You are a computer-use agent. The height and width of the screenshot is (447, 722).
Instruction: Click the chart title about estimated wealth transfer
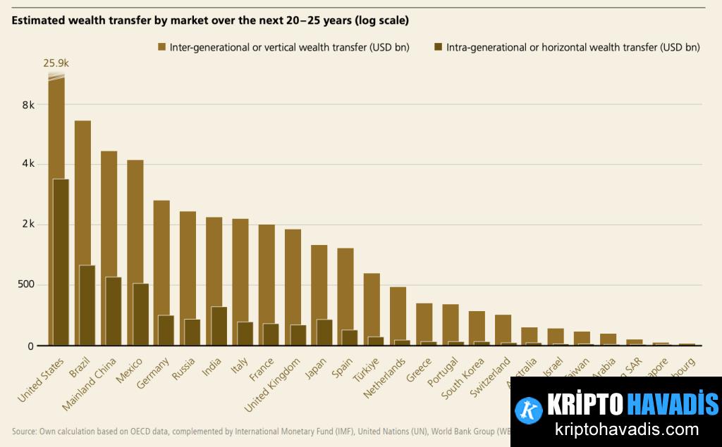point(210,20)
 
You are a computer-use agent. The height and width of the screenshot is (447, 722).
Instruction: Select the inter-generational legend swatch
point(161,47)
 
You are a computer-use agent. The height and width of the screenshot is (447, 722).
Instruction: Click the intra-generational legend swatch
point(438,47)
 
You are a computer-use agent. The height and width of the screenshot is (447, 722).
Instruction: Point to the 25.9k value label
point(56,63)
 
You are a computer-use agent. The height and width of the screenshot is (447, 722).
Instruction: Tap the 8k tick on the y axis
point(28,104)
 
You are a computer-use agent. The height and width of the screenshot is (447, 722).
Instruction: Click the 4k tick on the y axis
point(28,164)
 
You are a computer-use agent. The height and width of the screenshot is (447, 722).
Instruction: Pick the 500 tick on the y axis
point(25,285)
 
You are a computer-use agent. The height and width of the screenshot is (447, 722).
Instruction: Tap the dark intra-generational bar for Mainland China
point(114,310)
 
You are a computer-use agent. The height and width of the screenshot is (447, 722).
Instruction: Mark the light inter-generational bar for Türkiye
point(372,303)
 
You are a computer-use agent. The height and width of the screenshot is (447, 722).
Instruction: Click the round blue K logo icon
point(528,410)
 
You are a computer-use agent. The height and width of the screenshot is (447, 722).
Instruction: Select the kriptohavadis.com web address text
point(617,429)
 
